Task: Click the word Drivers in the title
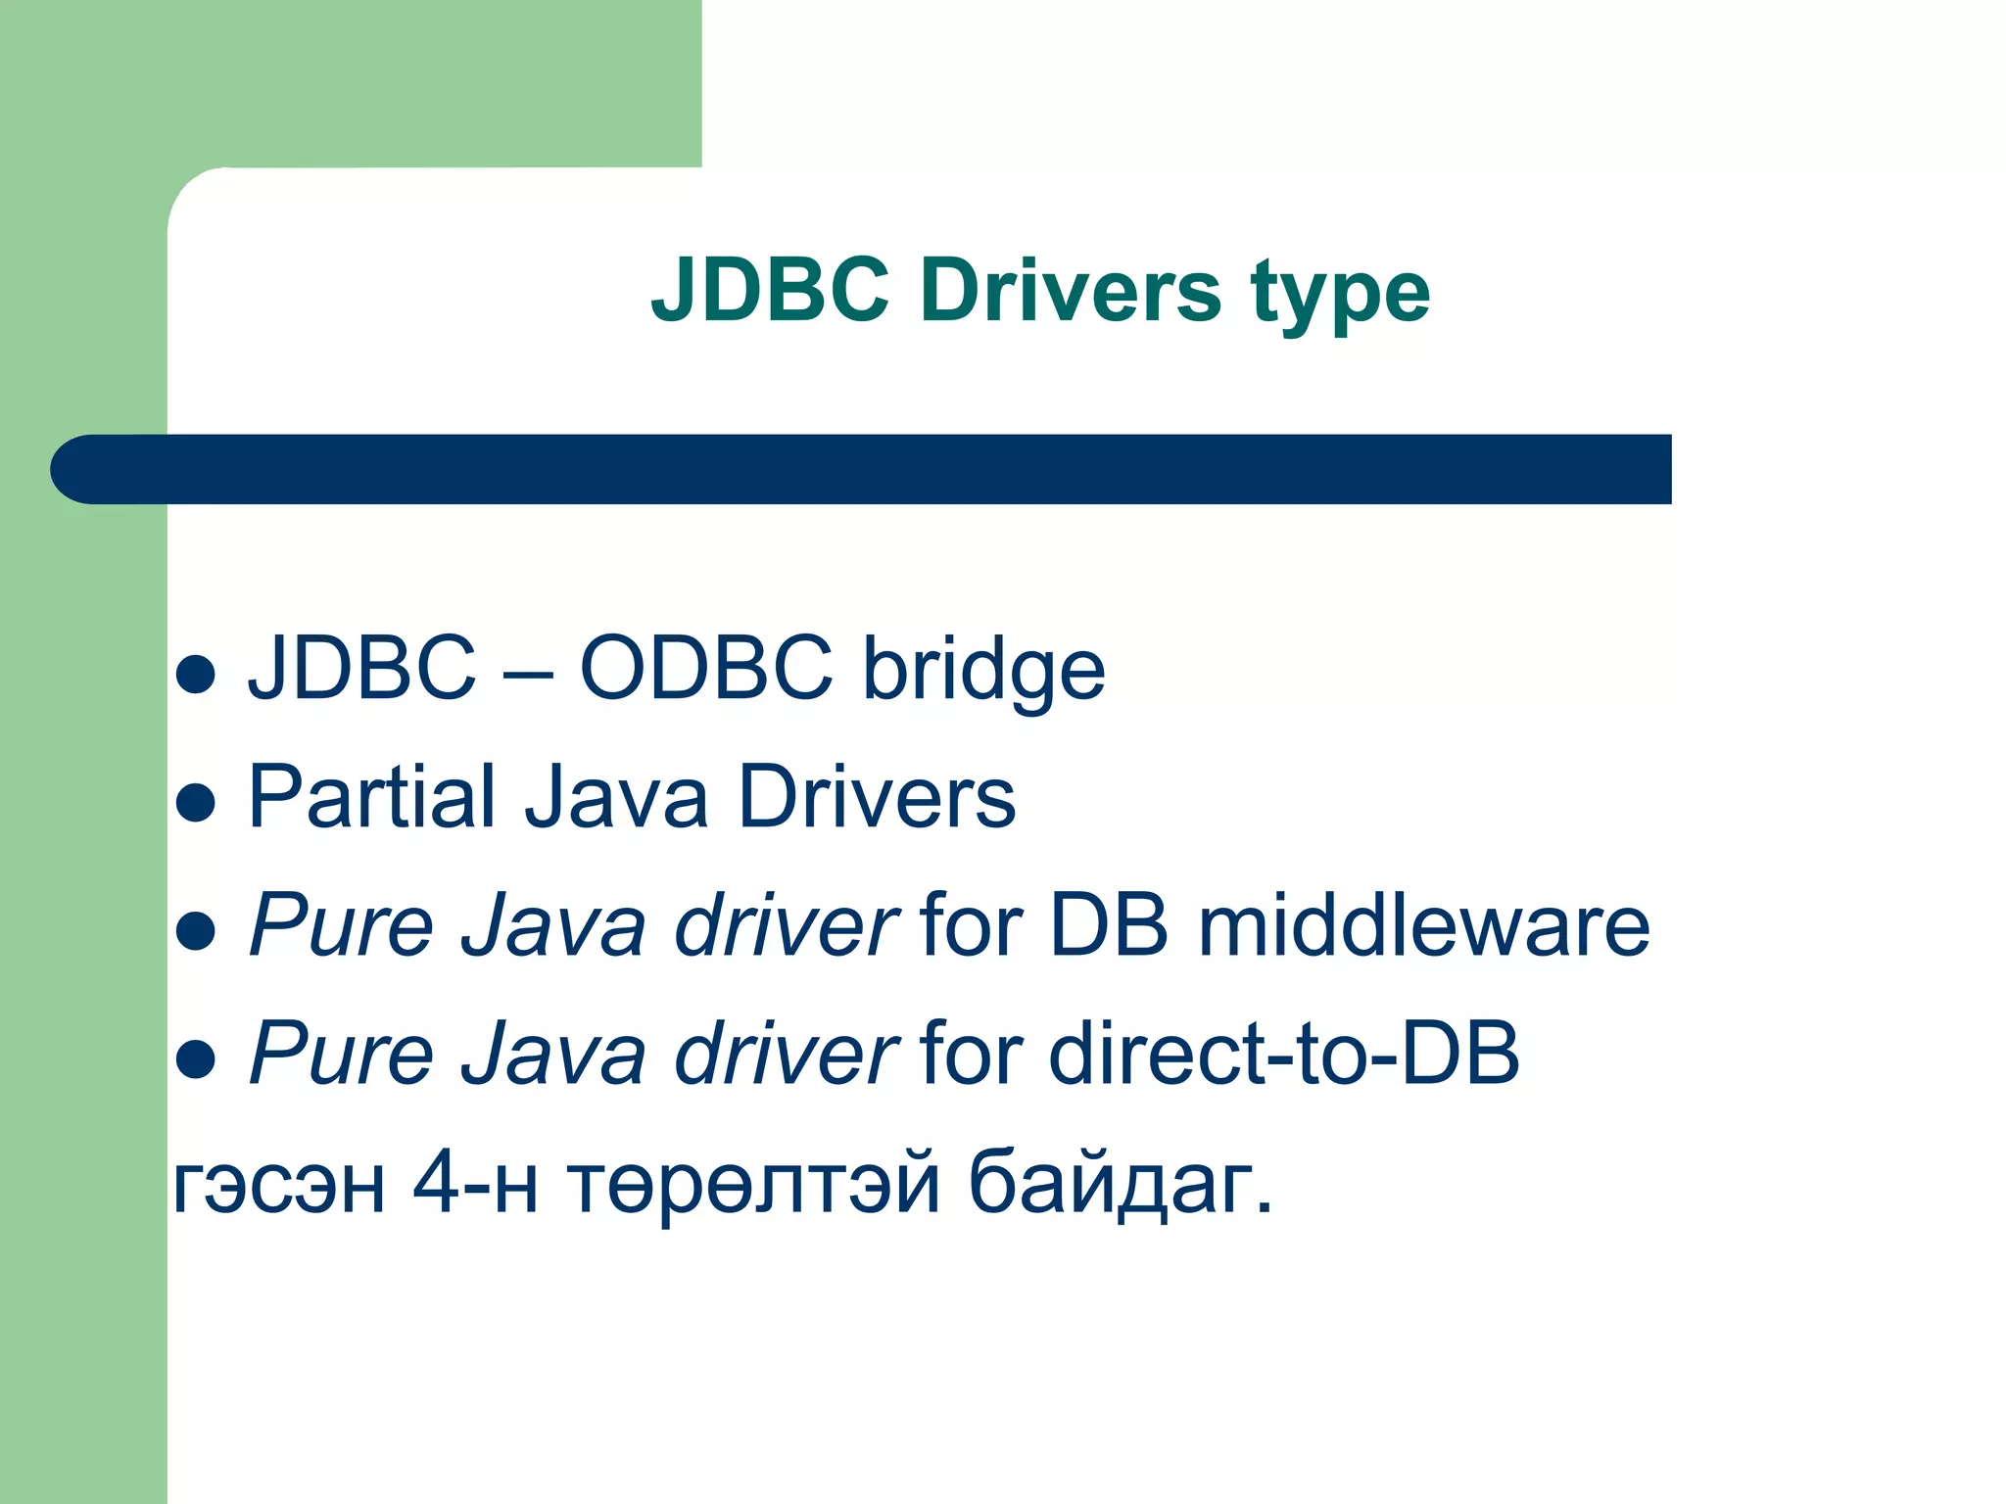[x=1070, y=291]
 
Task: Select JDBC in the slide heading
[x=771, y=291]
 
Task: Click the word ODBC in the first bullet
[x=706, y=669]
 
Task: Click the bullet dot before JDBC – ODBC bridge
[x=196, y=675]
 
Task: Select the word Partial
[x=371, y=797]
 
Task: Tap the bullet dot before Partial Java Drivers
[x=196, y=803]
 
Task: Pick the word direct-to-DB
[x=1283, y=1055]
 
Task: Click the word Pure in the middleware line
[x=341, y=926]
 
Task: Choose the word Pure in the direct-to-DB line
[x=341, y=1055]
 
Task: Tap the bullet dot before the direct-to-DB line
[x=196, y=1058]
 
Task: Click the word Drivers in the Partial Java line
[x=877, y=797]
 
